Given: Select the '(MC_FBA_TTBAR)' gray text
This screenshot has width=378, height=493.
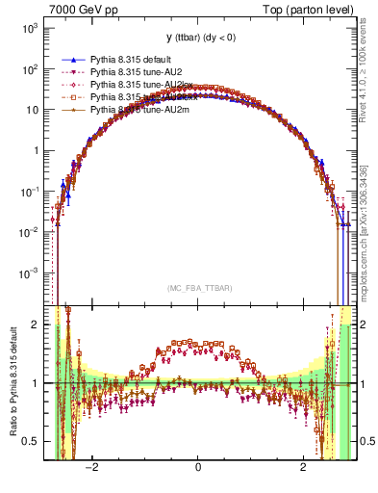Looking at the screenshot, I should pyautogui.click(x=198, y=289).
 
